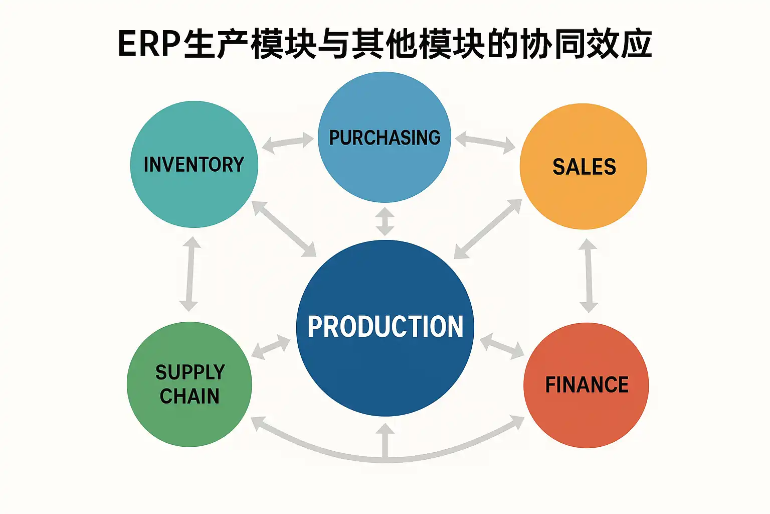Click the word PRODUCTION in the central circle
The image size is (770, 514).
point(385,327)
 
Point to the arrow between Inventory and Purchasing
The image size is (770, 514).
point(288,143)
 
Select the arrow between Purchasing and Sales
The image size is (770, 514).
point(485,142)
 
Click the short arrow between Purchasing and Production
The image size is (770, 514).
point(385,221)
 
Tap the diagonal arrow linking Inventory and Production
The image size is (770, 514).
point(284,228)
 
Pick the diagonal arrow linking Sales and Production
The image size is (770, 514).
point(488,229)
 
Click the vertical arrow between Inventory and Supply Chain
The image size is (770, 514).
point(190,274)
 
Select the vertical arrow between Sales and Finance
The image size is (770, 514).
point(588,276)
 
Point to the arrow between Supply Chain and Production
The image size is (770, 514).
point(271,347)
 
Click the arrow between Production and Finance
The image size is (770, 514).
point(502,347)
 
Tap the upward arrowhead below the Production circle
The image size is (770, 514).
point(385,431)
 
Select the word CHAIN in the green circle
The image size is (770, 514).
point(189,397)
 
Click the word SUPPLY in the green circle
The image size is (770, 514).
point(190,372)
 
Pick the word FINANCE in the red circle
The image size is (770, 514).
point(587,385)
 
